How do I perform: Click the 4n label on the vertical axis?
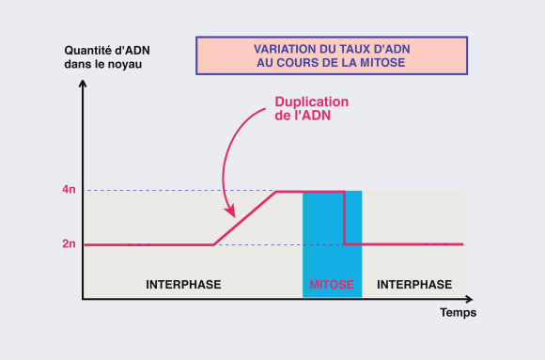tap(69, 191)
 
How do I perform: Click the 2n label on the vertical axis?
tap(69, 244)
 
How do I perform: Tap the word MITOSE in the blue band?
tap(332, 284)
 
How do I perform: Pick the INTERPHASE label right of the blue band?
tap(413, 284)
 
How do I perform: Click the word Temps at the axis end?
tap(459, 313)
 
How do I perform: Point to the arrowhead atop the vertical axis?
tap(84, 72)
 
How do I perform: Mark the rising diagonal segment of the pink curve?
tap(244, 218)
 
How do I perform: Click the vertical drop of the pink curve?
tap(345, 218)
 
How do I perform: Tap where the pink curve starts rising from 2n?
tap(213, 244)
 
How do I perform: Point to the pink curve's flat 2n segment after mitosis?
tap(404, 244)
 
